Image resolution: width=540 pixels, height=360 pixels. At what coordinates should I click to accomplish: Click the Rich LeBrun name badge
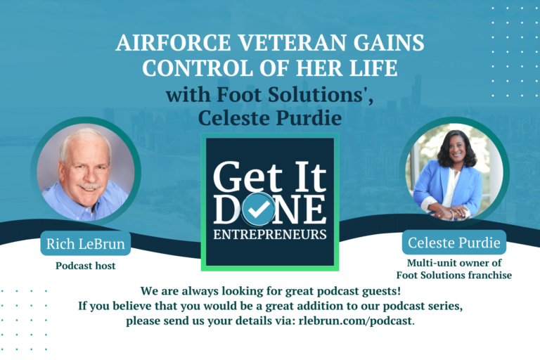[85, 243]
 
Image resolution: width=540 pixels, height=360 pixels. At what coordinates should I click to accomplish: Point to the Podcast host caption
[85, 266]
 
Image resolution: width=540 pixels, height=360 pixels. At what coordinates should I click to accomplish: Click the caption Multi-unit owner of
[454, 263]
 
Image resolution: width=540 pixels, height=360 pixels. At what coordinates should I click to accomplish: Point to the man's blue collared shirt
[84, 205]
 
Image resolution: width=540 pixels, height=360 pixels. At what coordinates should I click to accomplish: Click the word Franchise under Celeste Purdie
[489, 275]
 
